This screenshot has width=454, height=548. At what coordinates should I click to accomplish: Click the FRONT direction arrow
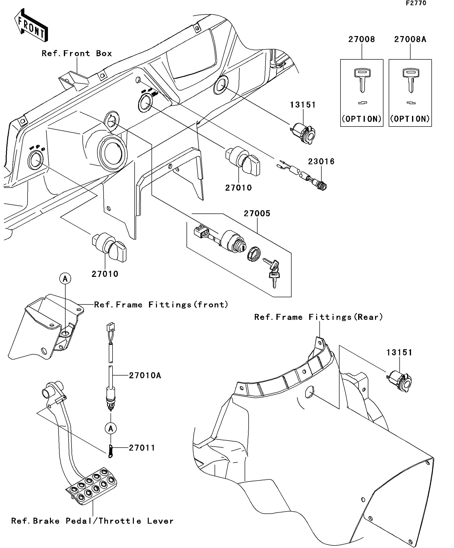(x=31, y=25)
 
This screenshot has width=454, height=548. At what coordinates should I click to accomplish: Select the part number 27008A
(x=410, y=40)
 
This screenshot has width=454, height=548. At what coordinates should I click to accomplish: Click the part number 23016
(x=321, y=162)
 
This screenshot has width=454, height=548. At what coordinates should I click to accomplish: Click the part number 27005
(x=257, y=213)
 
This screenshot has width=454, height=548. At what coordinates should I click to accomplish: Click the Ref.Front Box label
(x=77, y=53)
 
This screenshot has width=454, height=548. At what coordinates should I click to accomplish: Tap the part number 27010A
(x=145, y=376)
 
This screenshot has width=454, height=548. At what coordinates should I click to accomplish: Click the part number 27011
(x=142, y=448)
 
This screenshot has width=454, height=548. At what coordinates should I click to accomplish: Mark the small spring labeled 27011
(x=111, y=451)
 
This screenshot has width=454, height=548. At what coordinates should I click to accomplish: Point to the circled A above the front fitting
(x=65, y=279)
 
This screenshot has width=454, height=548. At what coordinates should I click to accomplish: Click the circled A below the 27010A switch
(x=111, y=428)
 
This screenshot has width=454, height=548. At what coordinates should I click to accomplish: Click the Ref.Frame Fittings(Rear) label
(x=318, y=317)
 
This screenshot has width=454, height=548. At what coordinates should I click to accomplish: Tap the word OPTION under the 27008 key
(x=362, y=119)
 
